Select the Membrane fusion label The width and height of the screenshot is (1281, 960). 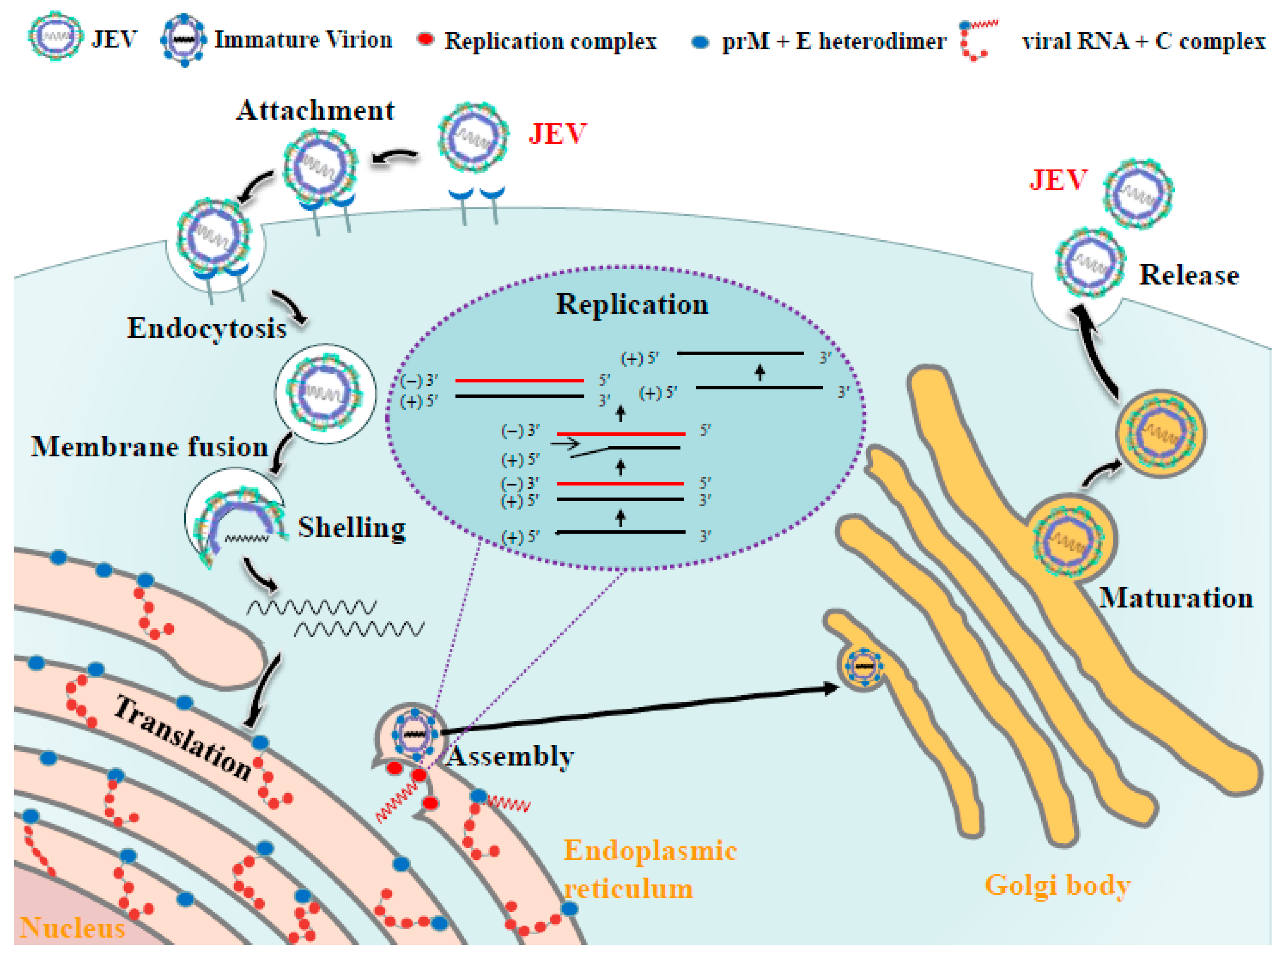click(150, 446)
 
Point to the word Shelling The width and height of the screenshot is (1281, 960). click(352, 528)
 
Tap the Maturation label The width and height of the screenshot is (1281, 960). click(1176, 598)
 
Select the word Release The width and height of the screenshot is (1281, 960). click(1189, 275)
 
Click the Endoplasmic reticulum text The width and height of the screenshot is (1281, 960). click(648, 869)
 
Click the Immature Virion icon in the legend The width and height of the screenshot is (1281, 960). click(184, 40)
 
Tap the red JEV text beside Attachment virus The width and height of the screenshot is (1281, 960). click(557, 134)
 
